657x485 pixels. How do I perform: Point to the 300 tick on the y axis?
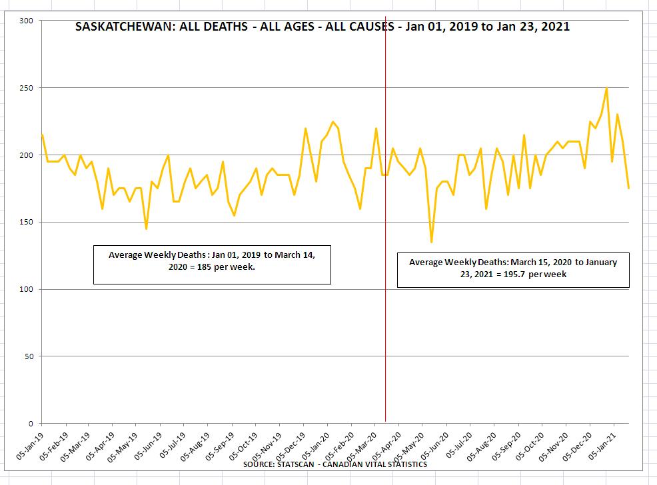click(x=27, y=21)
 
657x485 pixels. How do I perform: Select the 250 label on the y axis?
click(x=27, y=88)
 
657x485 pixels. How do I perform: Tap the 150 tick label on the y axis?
click(x=27, y=222)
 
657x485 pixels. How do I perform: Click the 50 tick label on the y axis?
click(x=29, y=356)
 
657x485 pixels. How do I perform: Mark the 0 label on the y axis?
click(x=31, y=424)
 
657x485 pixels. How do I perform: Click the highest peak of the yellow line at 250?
click(x=606, y=88)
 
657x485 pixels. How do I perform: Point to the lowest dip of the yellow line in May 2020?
click(x=431, y=242)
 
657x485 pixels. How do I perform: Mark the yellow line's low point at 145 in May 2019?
click(x=146, y=229)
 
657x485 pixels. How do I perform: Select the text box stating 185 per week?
click(x=212, y=265)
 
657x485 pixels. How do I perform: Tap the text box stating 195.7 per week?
click(x=513, y=268)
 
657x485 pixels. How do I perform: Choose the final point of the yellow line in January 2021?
click(x=628, y=189)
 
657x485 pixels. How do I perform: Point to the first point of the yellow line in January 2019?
click(x=42, y=135)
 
